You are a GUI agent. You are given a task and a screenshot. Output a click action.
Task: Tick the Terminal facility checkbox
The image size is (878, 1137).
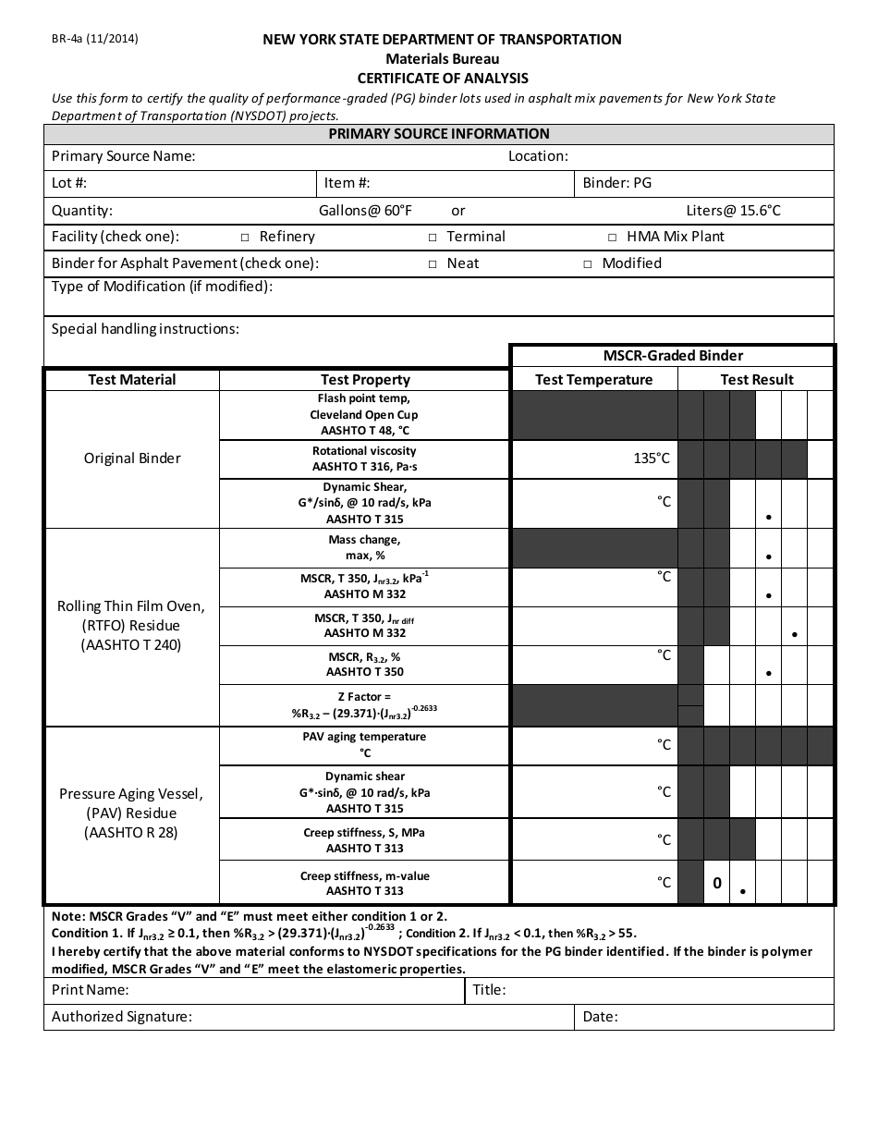pos(432,238)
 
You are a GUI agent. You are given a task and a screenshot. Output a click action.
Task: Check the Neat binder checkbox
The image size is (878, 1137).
pos(432,264)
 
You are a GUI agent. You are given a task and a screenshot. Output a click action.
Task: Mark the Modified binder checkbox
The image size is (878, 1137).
pos(587,264)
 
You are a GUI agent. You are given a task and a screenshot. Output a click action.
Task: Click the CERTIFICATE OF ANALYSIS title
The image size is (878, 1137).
pos(443,79)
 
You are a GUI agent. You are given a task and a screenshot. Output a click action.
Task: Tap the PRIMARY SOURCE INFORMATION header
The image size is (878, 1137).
pos(439,134)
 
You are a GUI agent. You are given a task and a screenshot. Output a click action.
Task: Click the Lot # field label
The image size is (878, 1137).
pos(69,183)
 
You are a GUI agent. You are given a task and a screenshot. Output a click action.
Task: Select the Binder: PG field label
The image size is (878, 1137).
pos(616,183)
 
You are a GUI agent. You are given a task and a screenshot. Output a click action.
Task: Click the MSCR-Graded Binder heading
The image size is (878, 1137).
pos(673,356)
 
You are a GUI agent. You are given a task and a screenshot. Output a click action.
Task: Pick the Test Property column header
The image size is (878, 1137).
pos(365,380)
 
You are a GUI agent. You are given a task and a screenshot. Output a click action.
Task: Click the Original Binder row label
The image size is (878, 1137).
pos(132,458)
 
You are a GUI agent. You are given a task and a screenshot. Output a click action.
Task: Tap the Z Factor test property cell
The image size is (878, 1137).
pos(364,705)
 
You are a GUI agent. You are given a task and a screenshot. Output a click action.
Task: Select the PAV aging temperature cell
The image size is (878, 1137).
pos(364,745)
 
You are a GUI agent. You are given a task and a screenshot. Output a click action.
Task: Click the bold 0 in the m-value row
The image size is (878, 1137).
pos(716,884)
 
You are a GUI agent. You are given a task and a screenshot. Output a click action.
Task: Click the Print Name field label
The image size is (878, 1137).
pos(90,990)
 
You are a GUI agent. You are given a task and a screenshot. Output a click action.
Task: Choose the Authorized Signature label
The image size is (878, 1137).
pos(121,1017)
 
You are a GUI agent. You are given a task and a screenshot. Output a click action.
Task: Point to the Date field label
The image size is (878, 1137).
pos(600,1017)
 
